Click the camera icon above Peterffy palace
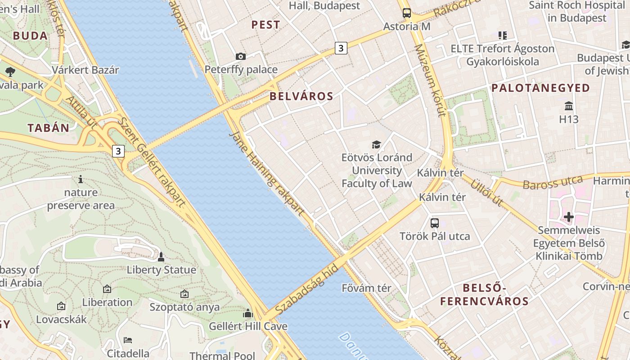click(241, 56)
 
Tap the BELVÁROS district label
click(301, 96)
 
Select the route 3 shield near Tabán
click(118, 151)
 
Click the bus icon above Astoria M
click(407, 13)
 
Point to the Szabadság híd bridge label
click(306, 289)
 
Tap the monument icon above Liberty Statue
click(161, 257)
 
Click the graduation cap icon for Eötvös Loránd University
click(376, 144)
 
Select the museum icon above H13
click(569, 106)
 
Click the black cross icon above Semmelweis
click(569, 217)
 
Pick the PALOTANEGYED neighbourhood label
click(540, 88)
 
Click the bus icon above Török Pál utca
click(435, 223)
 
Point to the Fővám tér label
click(366, 288)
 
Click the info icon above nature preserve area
click(81, 180)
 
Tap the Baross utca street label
click(553, 182)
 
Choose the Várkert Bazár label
click(85, 70)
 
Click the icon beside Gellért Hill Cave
click(248, 313)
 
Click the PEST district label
click(265, 25)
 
